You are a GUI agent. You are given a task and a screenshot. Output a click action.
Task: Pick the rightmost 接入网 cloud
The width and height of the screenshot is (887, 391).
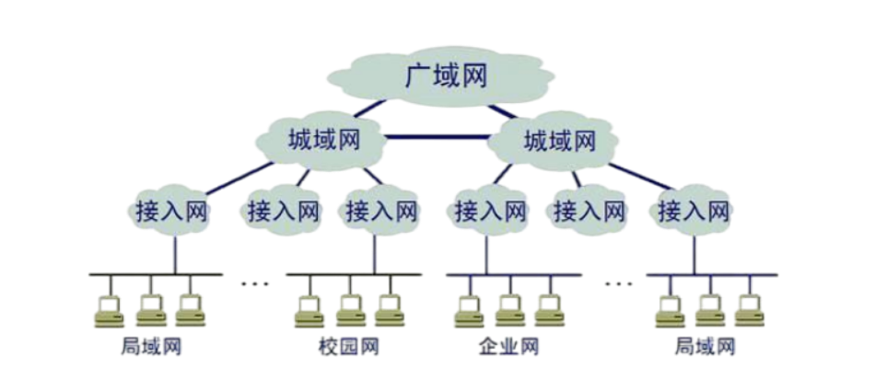click(x=693, y=212)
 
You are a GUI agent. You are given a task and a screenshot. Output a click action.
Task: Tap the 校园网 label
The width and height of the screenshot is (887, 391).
click(x=348, y=347)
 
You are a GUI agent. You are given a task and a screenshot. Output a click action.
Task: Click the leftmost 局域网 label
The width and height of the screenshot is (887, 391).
click(x=152, y=347)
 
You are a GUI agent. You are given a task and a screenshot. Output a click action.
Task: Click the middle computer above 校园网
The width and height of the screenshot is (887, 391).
click(x=350, y=310)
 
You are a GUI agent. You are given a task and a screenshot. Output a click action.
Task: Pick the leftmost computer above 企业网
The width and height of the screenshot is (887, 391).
click(x=470, y=310)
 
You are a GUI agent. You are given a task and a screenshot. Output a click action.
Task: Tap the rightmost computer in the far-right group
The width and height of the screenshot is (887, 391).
click(x=748, y=310)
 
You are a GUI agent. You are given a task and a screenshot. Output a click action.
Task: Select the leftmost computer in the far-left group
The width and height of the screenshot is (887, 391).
click(x=109, y=310)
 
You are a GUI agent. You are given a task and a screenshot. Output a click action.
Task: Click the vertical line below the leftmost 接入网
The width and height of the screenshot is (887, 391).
click(x=174, y=253)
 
